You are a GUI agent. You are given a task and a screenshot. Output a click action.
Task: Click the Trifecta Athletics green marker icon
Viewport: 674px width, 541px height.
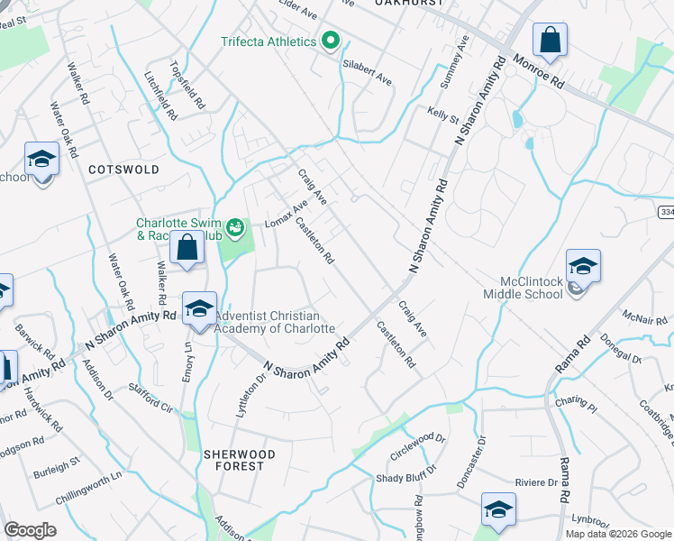[x=331, y=41]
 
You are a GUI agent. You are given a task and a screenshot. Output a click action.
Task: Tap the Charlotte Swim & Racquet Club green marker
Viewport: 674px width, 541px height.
[x=236, y=227]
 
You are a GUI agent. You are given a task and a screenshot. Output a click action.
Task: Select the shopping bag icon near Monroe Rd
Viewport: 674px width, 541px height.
[x=549, y=41]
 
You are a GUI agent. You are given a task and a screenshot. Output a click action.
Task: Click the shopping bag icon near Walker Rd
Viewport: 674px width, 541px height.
[x=187, y=247]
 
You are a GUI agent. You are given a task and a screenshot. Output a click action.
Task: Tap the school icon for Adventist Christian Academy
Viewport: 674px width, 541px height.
[x=199, y=309]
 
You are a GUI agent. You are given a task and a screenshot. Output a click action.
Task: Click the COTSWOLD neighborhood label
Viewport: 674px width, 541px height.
[x=124, y=170]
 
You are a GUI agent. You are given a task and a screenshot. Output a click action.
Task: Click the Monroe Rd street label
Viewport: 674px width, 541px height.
[x=538, y=70]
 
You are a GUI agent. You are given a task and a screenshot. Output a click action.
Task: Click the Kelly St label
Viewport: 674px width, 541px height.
[x=443, y=116]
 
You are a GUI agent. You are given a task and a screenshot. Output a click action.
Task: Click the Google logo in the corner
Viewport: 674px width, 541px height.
[x=31, y=530]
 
